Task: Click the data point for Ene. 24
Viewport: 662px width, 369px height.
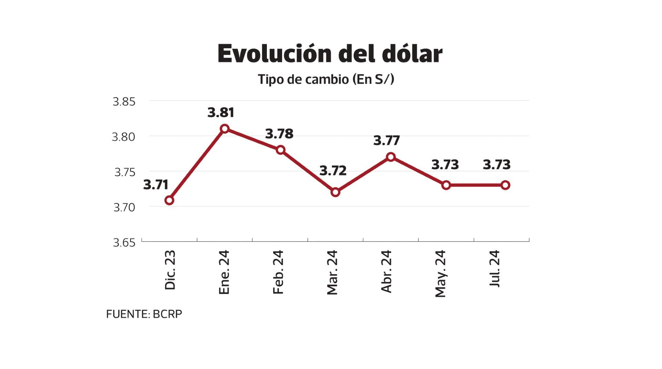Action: [224, 129]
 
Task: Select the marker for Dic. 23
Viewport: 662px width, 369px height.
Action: [169, 200]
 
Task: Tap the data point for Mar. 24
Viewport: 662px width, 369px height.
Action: [335, 192]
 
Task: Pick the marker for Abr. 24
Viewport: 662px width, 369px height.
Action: [391, 157]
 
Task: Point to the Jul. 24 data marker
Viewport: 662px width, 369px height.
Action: [505, 185]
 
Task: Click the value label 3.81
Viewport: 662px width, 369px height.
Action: [221, 113]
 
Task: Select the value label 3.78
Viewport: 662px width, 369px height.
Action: [279, 134]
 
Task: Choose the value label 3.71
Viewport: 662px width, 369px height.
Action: [156, 185]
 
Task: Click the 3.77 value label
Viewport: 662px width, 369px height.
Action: [387, 141]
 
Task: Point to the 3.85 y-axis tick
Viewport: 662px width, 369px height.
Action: [124, 102]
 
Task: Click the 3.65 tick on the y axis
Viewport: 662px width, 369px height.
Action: [124, 243]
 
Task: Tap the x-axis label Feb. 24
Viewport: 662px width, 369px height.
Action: [278, 272]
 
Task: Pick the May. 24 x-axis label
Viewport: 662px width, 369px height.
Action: [440, 274]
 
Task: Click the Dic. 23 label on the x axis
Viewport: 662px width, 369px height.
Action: [170, 270]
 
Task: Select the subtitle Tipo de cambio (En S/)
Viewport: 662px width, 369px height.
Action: [326, 79]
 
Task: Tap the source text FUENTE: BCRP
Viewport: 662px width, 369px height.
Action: [144, 314]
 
